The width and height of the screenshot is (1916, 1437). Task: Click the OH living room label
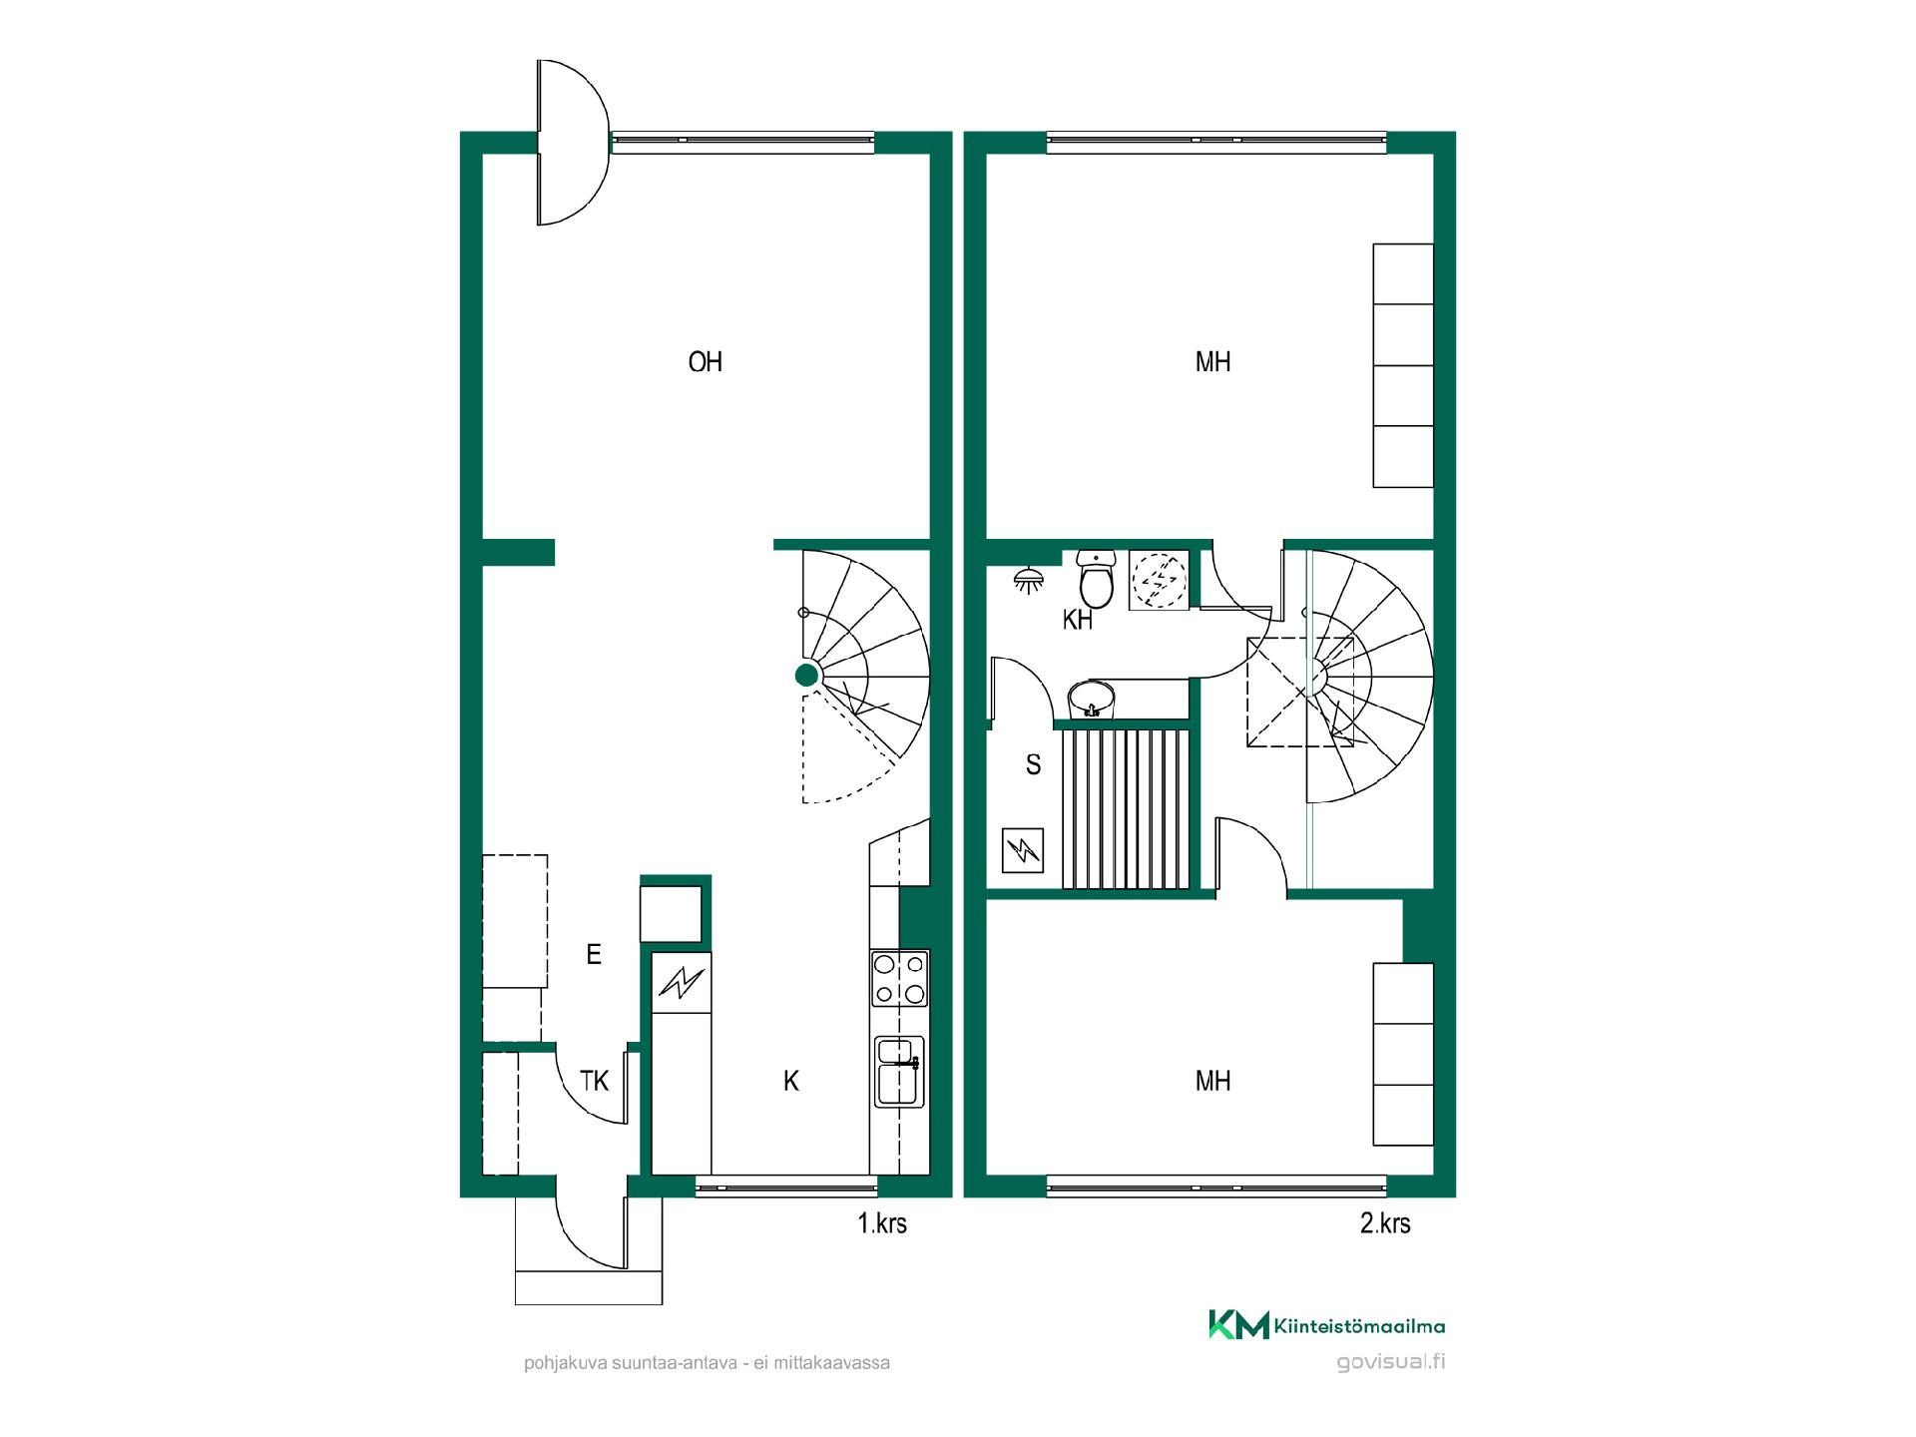[x=706, y=361]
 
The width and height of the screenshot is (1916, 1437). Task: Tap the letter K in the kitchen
[x=791, y=1081]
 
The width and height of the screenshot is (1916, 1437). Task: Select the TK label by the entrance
[x=595, y=1081]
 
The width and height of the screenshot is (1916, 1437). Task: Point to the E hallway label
[x=594, y=955]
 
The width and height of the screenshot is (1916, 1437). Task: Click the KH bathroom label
[x=1078, y=621]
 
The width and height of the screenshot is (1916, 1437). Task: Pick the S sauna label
[x=1034, y=765]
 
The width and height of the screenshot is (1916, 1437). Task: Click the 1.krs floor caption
[x=882, y=1223]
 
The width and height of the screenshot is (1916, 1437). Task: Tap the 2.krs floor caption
[x=1385, y=1223]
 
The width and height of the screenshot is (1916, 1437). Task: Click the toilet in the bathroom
[x=1097, y=580]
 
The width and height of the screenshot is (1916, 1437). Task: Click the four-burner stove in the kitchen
[x=900, y=979]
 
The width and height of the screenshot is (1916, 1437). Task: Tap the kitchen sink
[x=899, y=1072]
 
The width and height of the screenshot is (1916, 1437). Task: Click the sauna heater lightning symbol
[x=1023, y=851]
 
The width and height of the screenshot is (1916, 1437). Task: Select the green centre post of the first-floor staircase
[x=807, y=676]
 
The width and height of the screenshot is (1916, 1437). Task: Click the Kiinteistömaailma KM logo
[x=1327, y=1325]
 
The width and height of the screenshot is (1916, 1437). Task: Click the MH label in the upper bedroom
[x=1212, y=361]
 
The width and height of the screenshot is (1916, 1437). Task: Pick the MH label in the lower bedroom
[x=1212, y=1081]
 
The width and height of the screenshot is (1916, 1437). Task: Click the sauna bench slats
[x=1127, y=808]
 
